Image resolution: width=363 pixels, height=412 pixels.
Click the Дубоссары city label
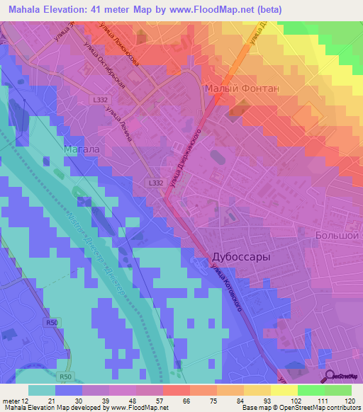point(241,258)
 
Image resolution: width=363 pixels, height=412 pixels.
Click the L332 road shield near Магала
point(157,183)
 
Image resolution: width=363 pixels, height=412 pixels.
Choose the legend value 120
point(350,401)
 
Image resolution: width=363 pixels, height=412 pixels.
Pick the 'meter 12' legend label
point(16,401)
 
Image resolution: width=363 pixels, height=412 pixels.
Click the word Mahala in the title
point(26,10)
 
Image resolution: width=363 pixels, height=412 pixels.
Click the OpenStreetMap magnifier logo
point(330,376)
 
